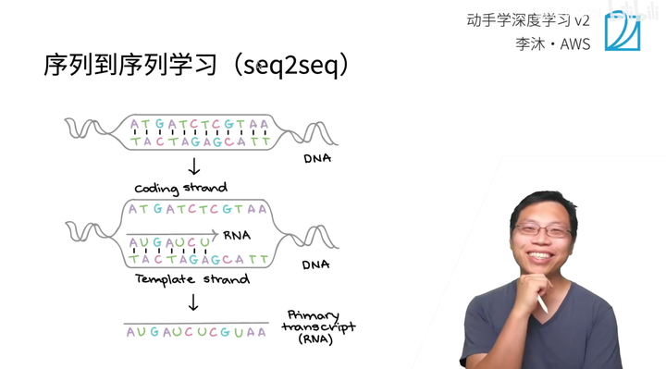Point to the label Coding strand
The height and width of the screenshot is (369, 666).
coord(180,188)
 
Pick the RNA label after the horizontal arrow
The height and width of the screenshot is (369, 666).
coord(238,235)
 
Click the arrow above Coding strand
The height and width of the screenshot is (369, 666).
coord(194,166)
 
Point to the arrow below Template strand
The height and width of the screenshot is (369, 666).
coord(194,301)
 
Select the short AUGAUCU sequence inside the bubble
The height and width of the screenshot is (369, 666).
coord(166,243)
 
